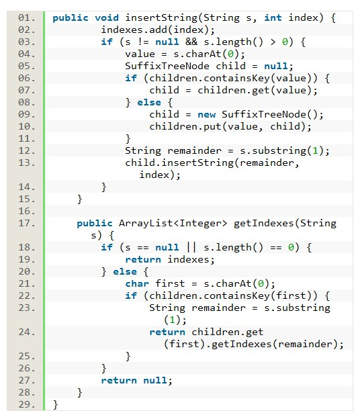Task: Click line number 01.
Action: pos(26,18)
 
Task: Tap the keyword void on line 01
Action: pos(107,18)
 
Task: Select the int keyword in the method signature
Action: pos(273,18)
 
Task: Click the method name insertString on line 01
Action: pos(161,18)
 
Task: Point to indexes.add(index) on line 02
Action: pos(154,30)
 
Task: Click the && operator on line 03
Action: pos(191,42)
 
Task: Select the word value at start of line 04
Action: pos(140,54)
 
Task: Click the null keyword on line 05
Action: pos(275,66)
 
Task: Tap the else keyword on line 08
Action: pos(149,102)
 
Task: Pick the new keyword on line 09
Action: pos(206,115)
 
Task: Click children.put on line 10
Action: pos(185,127)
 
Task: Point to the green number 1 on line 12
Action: pos(315,150)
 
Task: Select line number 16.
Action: pos(26,212)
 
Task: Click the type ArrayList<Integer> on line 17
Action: pos(173,224)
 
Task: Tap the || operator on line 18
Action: pos(191,247)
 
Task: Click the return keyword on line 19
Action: pos(143,259)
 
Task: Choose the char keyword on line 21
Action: pos(137,284)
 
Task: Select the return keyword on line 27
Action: pos(119,381)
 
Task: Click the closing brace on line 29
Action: pos(55,405)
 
